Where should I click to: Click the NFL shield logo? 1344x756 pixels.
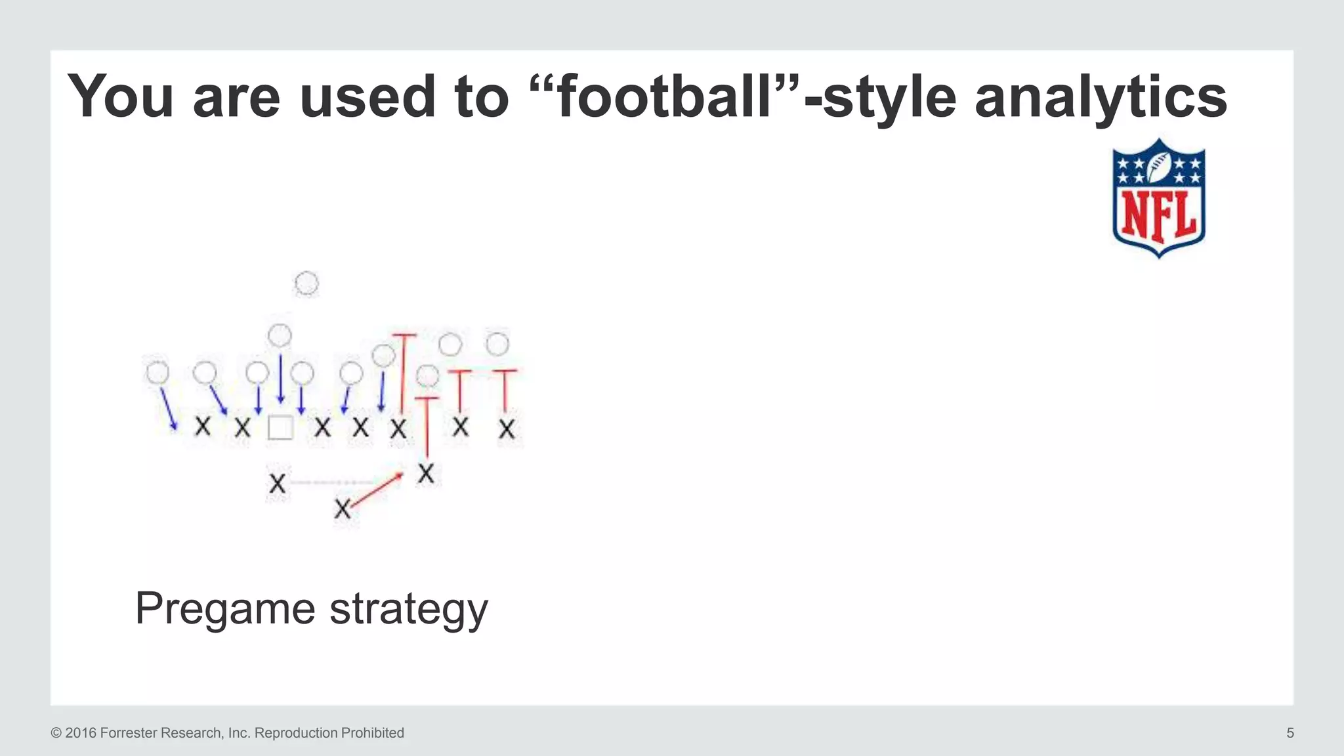pos(1159,198)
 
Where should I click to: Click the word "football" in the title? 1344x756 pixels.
pos(663,97)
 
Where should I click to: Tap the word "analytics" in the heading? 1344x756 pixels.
pos(1101,97)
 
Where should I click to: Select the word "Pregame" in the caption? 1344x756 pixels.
pos(226,609)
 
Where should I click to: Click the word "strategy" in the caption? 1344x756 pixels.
pos(408,609)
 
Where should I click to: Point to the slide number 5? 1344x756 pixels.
pos(1290,733)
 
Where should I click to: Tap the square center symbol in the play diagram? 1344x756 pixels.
pos(280,428)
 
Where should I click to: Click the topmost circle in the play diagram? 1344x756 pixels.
pos(306,283)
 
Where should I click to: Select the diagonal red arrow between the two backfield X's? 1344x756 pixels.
pos(376,490)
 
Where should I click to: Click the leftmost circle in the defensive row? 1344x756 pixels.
pos(157,373)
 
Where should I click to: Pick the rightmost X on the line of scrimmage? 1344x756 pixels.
pos(506,430)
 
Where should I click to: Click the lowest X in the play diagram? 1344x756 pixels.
pos(343,509)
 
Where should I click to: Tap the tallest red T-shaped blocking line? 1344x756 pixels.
pos(404,371)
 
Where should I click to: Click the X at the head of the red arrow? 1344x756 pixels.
pos(426,473)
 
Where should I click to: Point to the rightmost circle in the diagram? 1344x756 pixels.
pos(497,344)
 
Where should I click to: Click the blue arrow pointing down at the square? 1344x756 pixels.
pos(281,379)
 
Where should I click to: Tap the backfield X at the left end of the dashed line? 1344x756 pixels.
pos(278,484)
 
